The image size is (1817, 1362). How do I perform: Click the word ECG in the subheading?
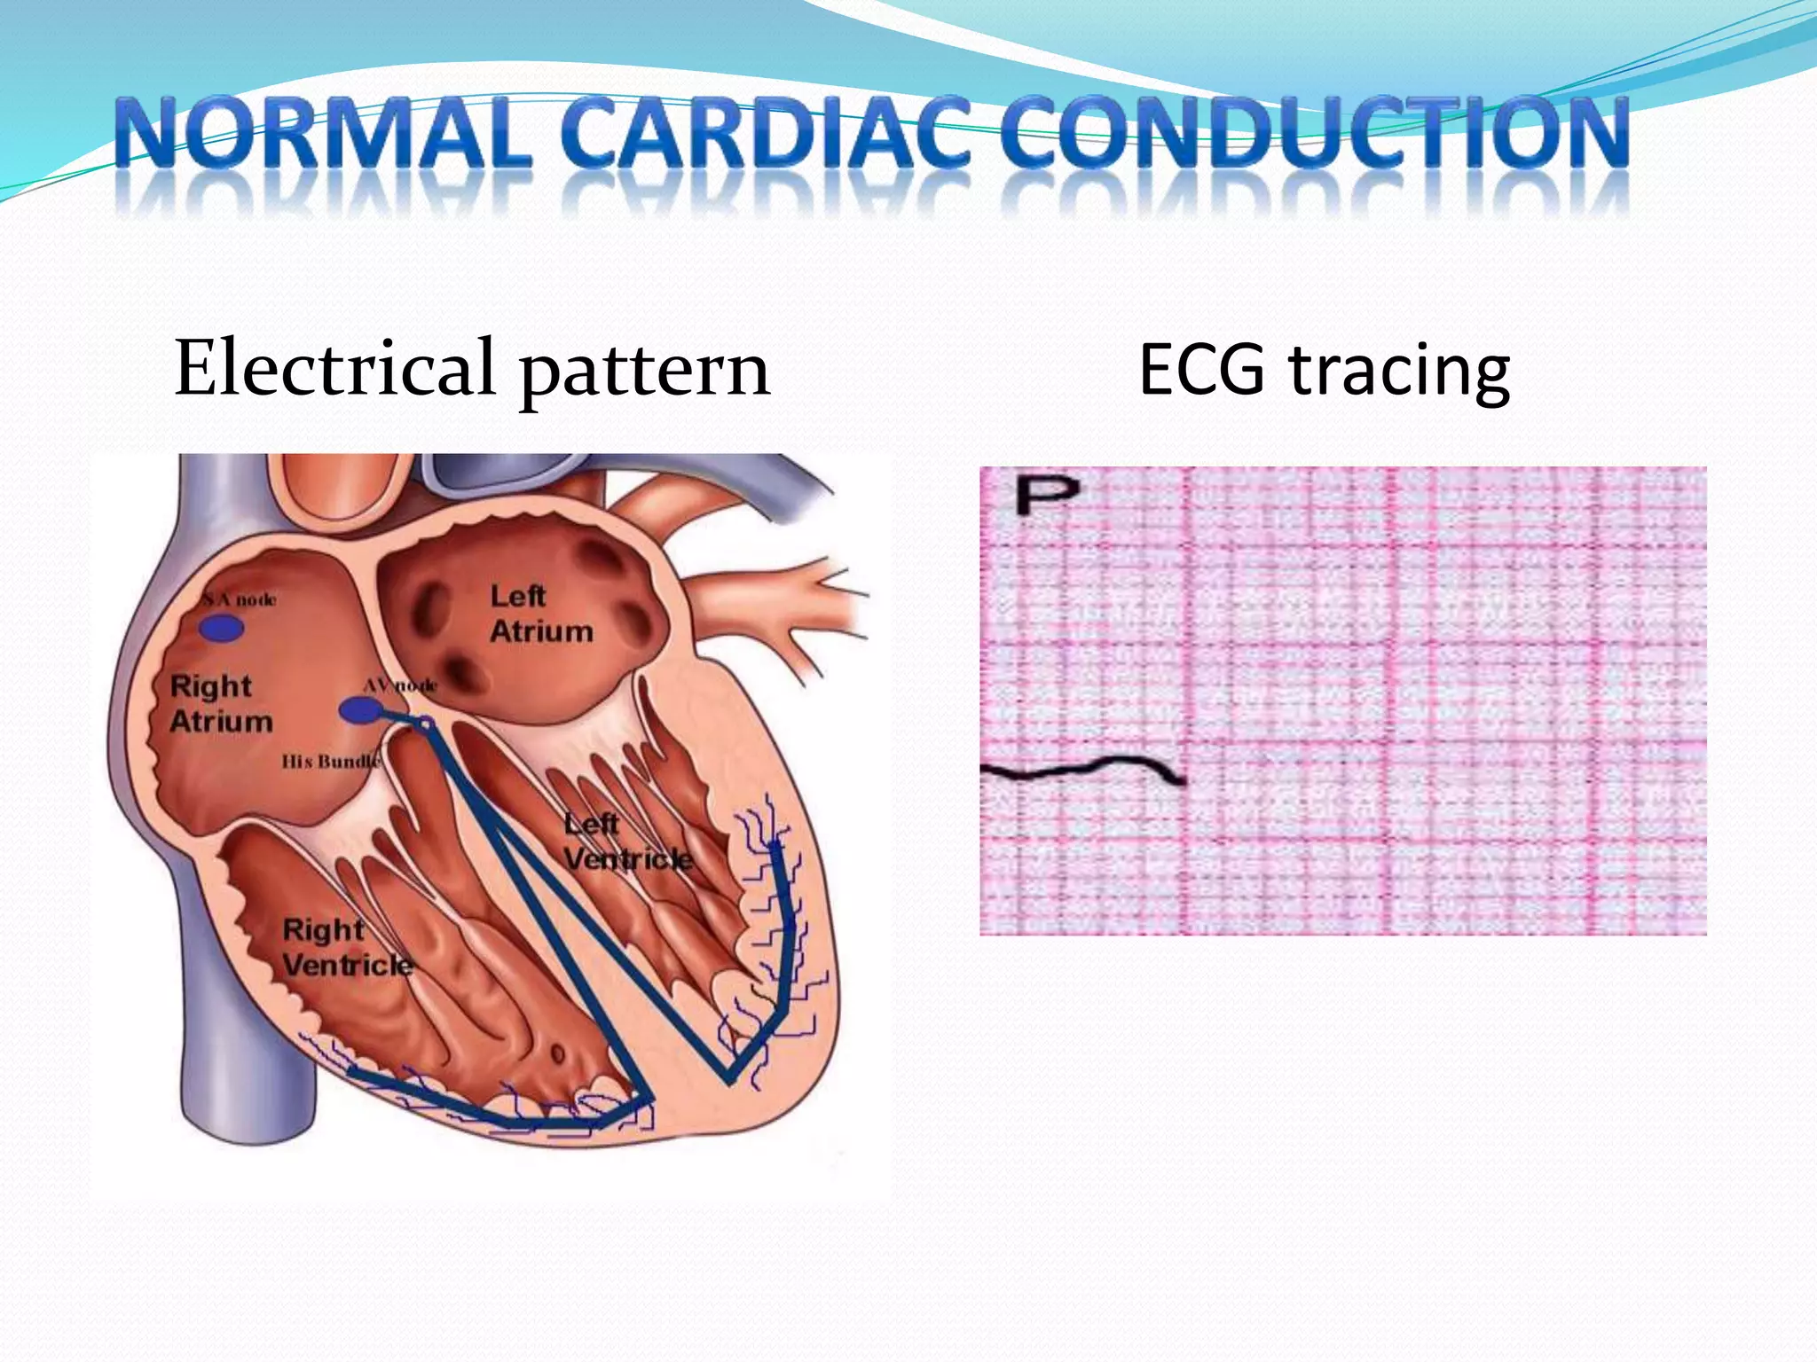pos(1201,369)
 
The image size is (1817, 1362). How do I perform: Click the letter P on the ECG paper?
pos(1047,494)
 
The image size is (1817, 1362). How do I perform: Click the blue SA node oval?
pos(221,629)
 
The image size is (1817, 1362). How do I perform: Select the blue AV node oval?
pos(359,709)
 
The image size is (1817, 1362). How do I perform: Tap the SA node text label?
pos(240,600)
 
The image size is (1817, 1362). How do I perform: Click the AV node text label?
pos(400,685)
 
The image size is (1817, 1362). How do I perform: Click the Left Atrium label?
pos(541,614)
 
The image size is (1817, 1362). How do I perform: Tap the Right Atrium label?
pos(220,703)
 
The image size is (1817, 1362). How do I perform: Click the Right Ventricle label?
pos(347,947)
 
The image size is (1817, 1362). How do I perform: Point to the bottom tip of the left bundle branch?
pos(730,1078)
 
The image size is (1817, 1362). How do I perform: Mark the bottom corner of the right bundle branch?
pos(651,1100)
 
